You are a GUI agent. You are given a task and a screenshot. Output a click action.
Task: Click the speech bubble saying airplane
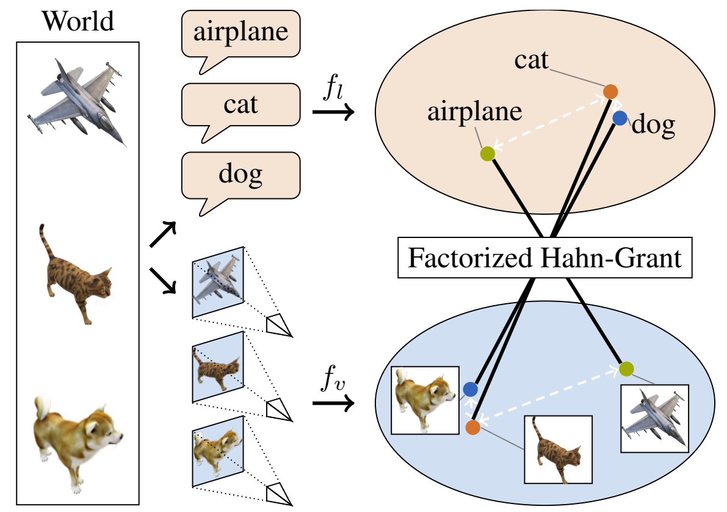click(x=241, y=34)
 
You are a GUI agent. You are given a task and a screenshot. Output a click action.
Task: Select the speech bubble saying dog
click(x=241, y=176)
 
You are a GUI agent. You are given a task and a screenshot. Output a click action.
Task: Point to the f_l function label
click(x=333, y=91)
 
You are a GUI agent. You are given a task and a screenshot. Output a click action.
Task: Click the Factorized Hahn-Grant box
click(x=544, y=258)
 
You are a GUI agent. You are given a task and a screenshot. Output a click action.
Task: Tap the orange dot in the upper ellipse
click(x=610, y=92)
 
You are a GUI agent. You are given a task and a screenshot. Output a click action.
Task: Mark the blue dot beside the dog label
click(x=620, y=118)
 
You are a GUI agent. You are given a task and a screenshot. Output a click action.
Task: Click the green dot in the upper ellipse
click(x=486, y=154)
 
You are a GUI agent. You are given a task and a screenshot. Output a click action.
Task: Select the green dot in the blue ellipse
click(x=626, y=369)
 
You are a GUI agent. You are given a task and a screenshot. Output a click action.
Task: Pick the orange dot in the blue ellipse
click(x=472, y=427)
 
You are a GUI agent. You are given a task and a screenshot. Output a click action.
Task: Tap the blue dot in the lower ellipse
click(x=470, y=389)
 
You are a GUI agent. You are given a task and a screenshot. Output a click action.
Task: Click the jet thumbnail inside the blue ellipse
click(x=654, y=419)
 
